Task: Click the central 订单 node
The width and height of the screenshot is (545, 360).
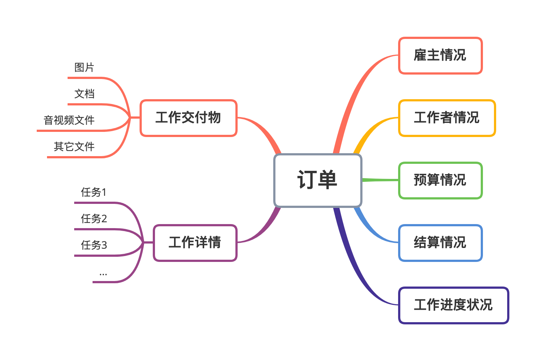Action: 318,180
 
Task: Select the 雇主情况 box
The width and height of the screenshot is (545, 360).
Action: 440,55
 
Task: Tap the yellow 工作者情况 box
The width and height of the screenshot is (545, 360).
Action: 447,118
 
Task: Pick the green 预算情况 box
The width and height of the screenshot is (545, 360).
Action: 440,180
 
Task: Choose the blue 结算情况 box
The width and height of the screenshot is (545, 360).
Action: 440,243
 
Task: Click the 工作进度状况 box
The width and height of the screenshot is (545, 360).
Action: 453,305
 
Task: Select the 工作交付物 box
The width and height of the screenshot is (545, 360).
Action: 188,118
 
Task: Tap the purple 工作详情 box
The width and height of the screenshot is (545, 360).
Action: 195,243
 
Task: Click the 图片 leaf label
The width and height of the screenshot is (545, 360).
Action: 84,68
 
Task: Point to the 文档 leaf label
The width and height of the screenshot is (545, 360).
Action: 84,94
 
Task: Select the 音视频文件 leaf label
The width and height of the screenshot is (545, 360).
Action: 69,120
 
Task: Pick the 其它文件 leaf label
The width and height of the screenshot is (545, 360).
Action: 74,147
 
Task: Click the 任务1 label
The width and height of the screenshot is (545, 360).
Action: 94,192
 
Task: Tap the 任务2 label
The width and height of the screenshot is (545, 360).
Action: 94,219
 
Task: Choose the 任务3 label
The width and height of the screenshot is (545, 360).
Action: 94,245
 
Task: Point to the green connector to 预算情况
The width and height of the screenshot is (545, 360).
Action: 380,180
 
